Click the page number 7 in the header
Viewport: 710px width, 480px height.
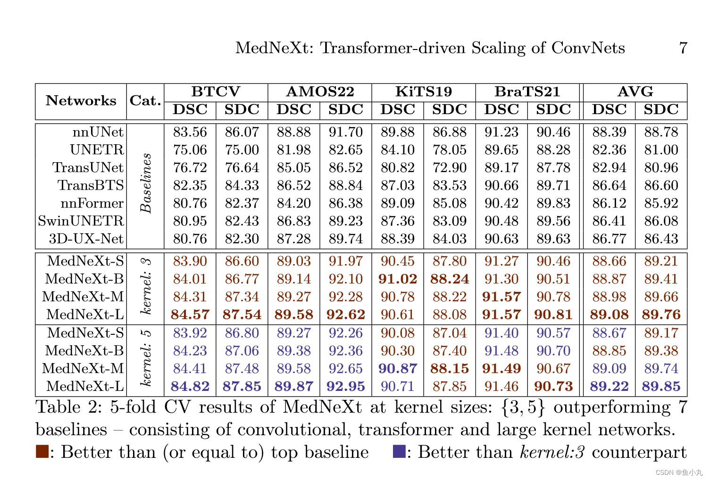point(683,48)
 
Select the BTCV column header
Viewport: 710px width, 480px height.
point(216,91)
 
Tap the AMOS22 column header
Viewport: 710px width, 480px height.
point(320,91)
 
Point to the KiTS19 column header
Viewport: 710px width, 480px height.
point(423,91)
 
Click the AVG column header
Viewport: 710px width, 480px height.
point(635,91)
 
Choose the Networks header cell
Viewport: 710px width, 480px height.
point(81,101)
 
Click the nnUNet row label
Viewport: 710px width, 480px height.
point(98,132)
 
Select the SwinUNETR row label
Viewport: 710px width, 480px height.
point(81,221)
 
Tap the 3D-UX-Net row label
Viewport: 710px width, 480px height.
point(86,239)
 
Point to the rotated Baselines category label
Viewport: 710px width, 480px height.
point(146,183)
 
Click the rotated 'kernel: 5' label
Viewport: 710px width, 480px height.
point(146,358)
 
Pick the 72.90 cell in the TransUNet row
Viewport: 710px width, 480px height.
point(449,168)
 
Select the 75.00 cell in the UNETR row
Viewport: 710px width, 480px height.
point(242,150)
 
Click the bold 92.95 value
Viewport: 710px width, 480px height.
point(345,387)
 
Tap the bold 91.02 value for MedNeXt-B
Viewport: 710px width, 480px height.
point(397,279)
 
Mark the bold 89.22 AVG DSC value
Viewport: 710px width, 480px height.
point(609,387)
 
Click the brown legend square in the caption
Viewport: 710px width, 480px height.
point(42,452)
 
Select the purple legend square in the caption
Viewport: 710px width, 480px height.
point(399,452)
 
